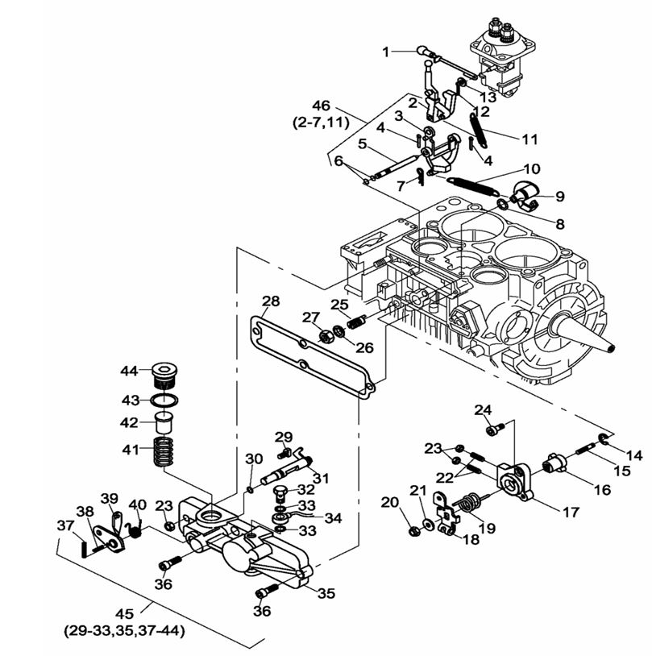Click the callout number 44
(x=129, y=371)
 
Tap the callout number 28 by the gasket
(x=271, y=301)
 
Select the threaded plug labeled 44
(x=164, y=375)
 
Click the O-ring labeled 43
(x=164, y=400)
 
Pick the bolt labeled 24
(x=500, y=428)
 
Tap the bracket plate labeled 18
(x=444, y=513)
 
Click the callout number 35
(x=326, y=594)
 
